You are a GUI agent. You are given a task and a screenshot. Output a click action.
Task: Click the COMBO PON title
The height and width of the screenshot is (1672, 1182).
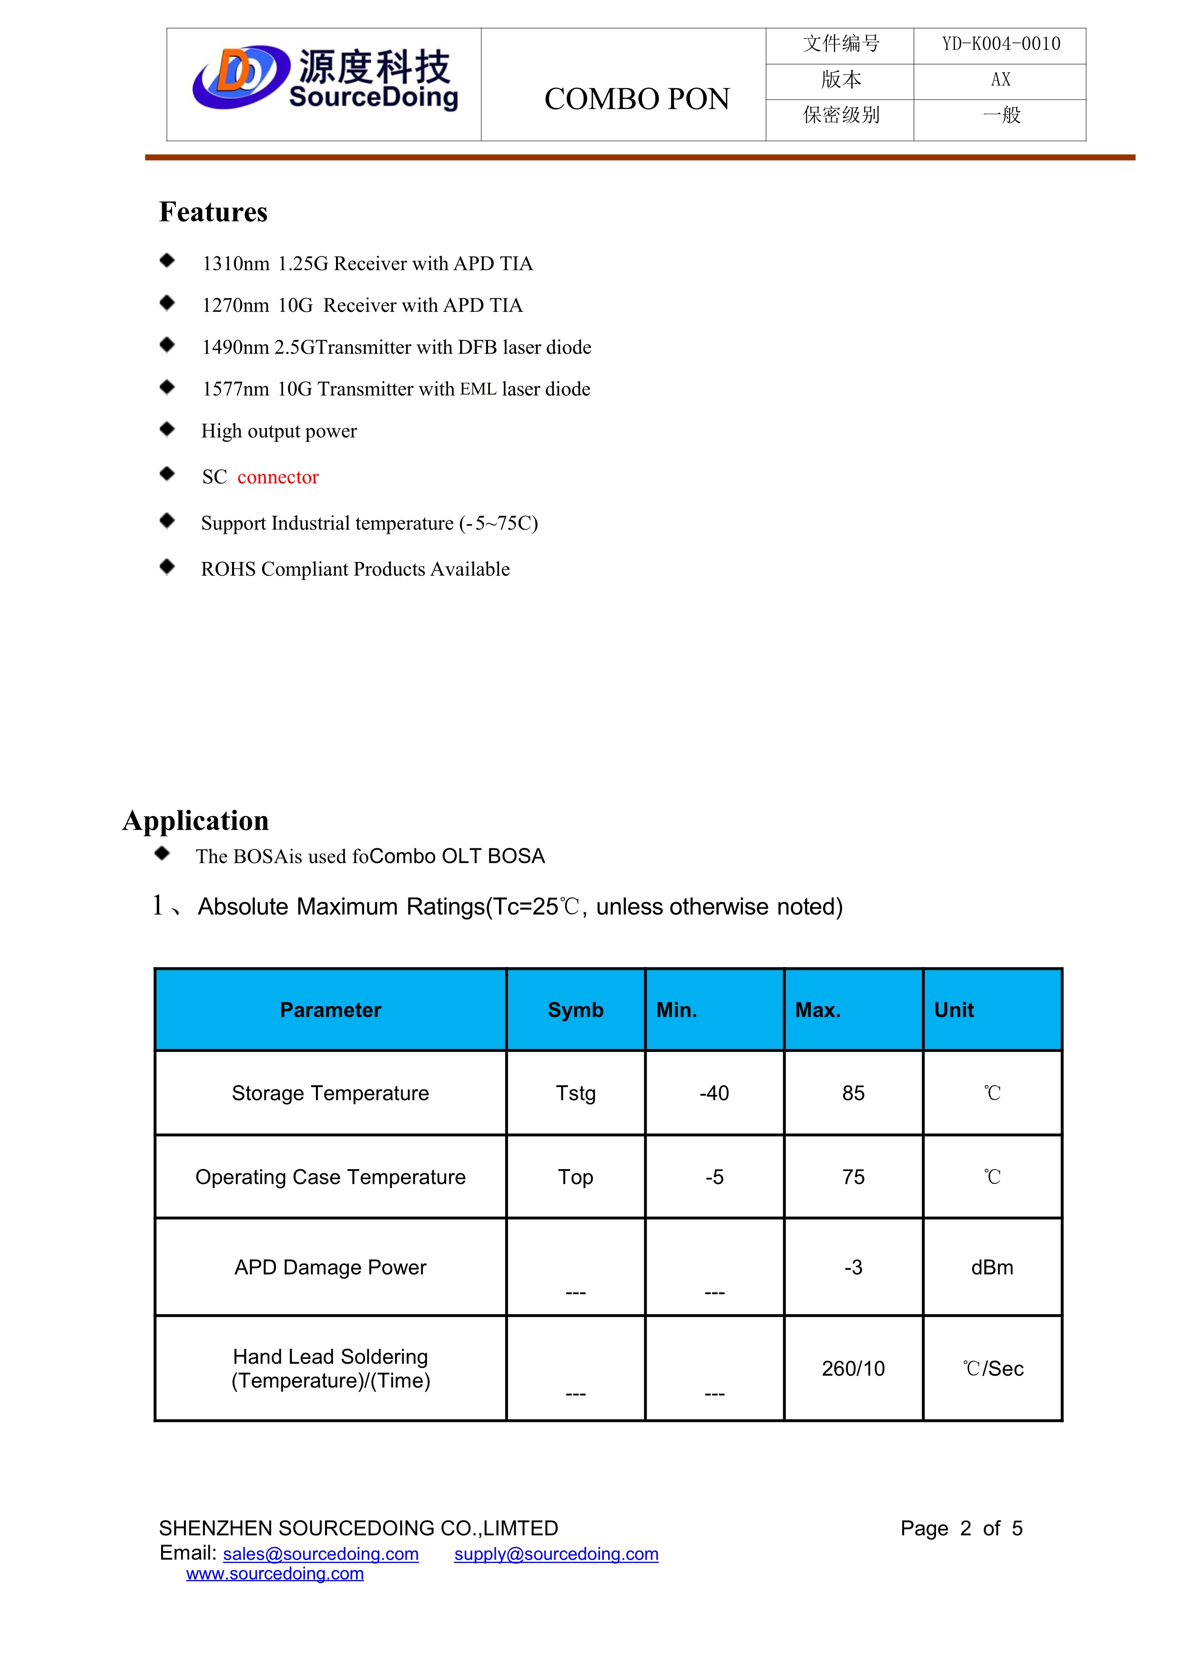(637, 99)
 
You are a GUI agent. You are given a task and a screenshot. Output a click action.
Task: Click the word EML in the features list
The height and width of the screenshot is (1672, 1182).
(478, 389)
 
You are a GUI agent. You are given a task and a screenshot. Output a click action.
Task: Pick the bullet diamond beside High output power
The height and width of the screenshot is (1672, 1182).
(167, 429)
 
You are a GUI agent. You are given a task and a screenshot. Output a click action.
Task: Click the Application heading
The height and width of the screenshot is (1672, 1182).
(196, 821)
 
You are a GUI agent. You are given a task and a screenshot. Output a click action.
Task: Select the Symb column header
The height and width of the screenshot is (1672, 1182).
(575, 1010)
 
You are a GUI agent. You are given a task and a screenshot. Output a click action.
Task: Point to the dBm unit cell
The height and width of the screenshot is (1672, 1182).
(992, 1268)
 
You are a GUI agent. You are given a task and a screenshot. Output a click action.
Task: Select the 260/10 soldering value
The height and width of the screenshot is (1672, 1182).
(853, 1368)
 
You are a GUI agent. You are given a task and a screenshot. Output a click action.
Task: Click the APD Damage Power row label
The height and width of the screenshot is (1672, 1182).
(330, 1268)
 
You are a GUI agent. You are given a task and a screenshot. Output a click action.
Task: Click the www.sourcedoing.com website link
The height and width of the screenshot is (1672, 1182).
(275, 1574)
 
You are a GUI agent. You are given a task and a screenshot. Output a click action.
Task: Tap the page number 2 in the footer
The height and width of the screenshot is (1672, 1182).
(965, 1529)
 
